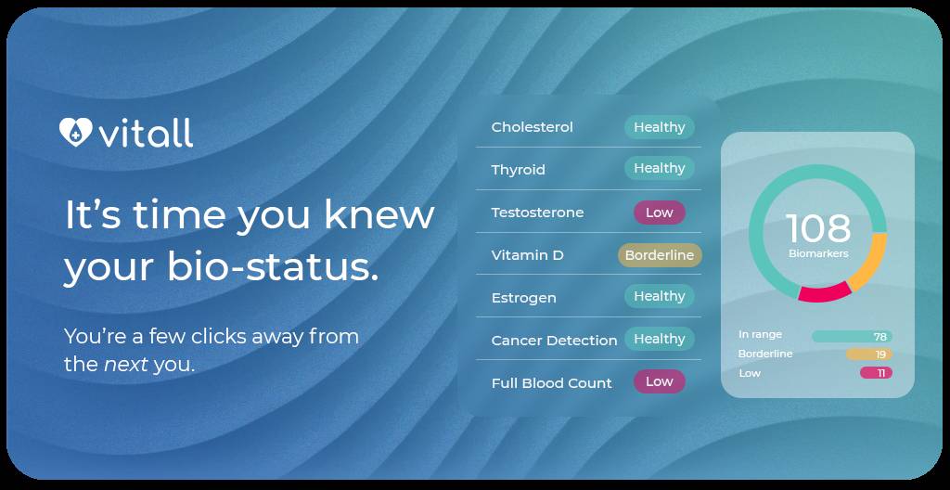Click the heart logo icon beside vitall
[75, 133]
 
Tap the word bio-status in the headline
[273, 267]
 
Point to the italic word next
[125, 364]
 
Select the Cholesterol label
[532, 127]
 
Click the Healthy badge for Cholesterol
[659, 127]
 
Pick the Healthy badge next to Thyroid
[659, 168]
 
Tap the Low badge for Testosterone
[659, 213]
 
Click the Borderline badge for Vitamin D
[659, 255]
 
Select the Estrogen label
[523, 298]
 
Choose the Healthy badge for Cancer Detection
[659, 339]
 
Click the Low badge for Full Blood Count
[659, 381]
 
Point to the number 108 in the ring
[817, 228]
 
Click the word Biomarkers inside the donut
[818, 253]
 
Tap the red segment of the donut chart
[825, 293]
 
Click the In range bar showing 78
[852, 336]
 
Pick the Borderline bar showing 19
[868, 355]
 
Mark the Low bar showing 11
[876, 373]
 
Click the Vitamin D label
[527, 255]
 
